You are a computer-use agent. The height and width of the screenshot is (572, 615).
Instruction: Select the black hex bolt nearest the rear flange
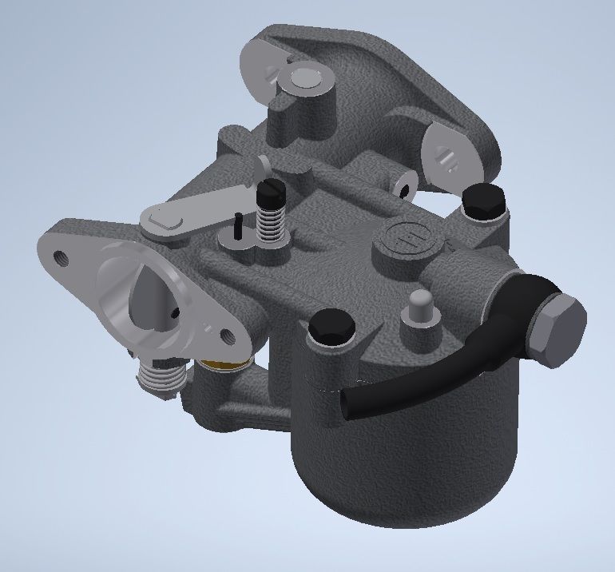(485, 199)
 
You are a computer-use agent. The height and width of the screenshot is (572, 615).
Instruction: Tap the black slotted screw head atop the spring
(268, 192)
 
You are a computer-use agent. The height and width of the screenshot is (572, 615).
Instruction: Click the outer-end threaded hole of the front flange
(60, 257)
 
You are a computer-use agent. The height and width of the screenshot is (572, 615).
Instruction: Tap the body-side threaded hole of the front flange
(226, 336)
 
